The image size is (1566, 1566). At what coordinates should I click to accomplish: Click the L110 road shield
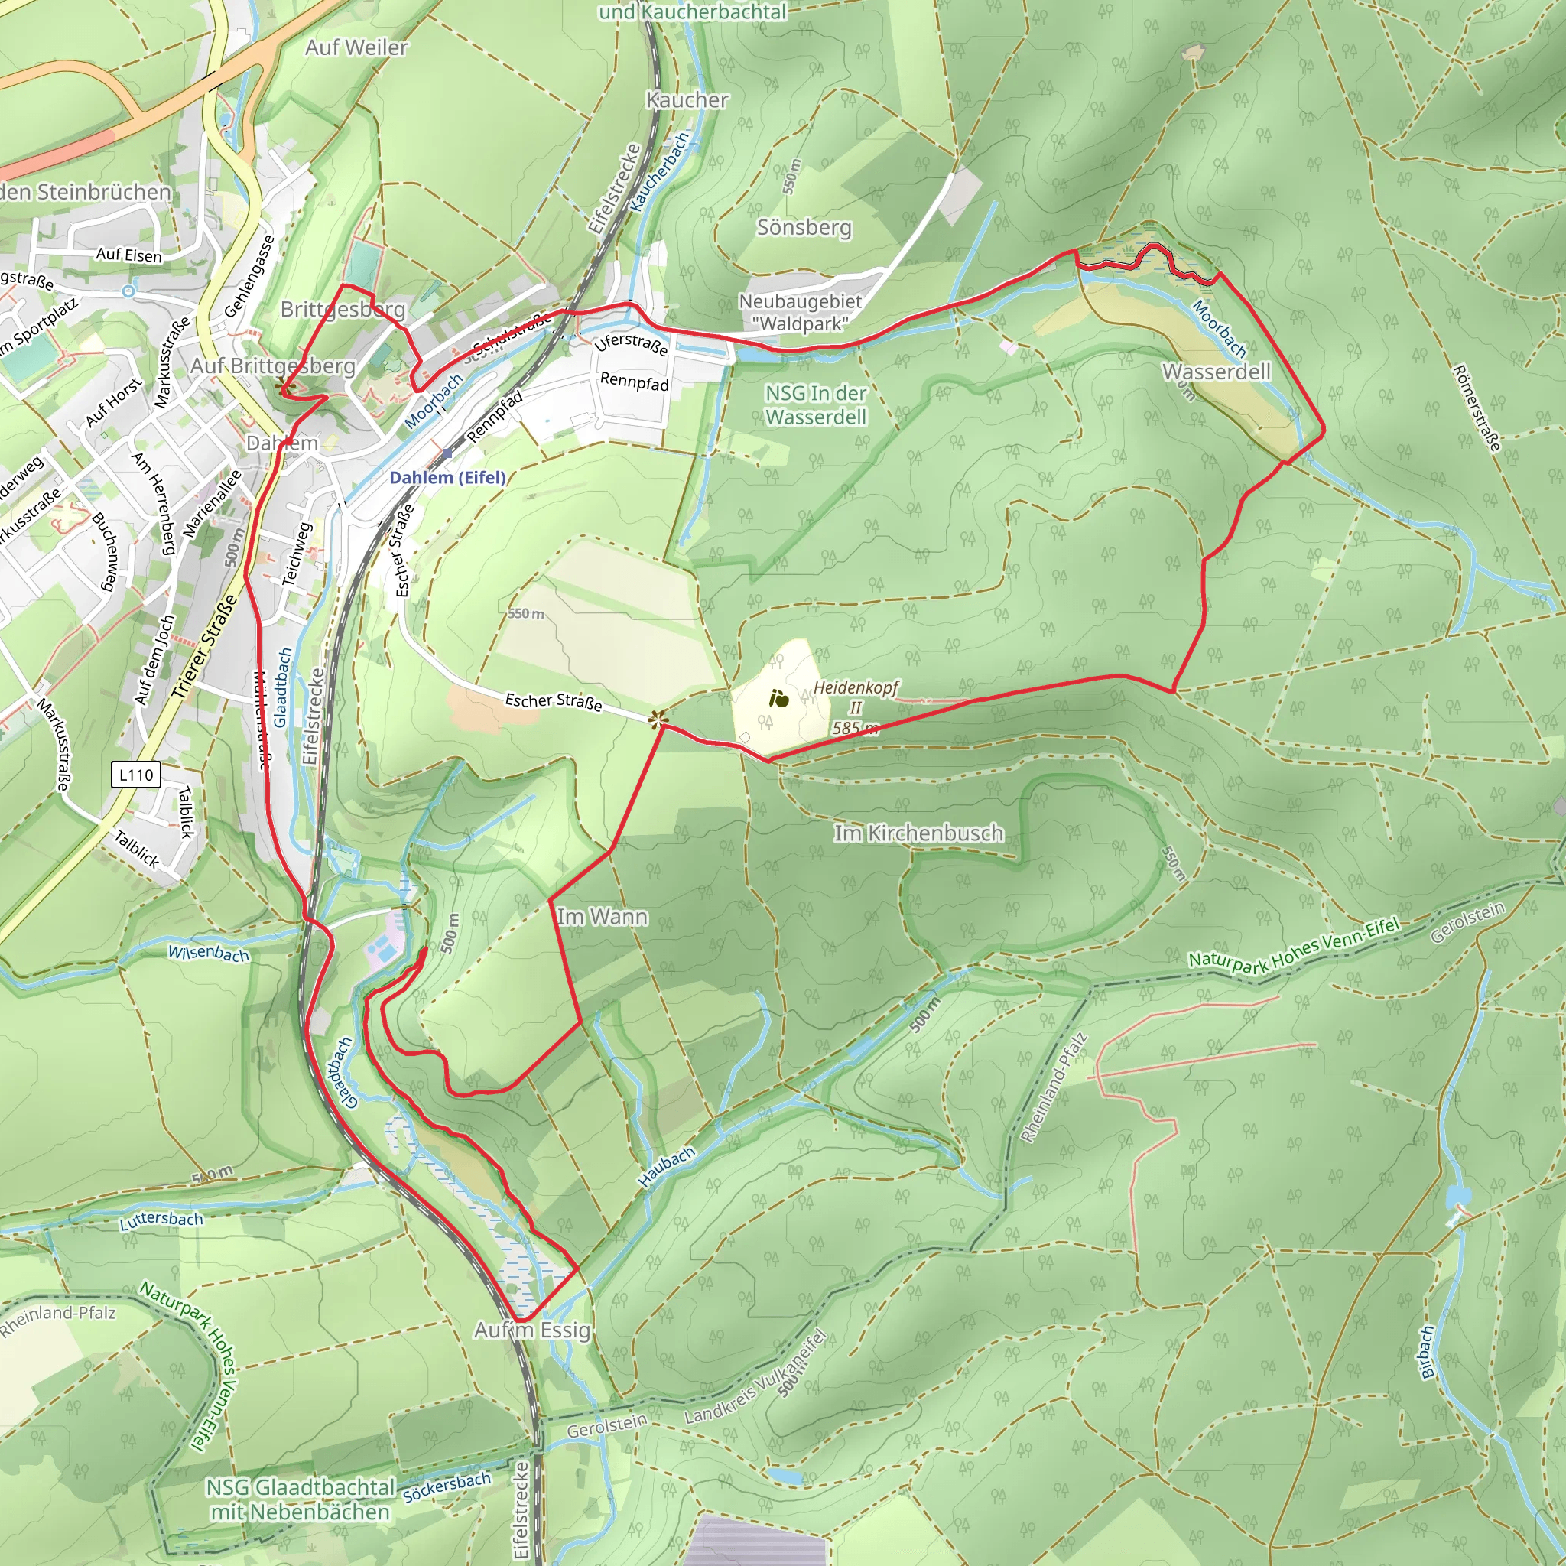click(135, 775)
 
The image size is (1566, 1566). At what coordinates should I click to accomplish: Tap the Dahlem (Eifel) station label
click(447, 477)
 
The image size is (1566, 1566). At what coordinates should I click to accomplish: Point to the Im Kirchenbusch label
click(918, 833)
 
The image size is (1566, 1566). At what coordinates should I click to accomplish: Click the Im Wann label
click(603, 917)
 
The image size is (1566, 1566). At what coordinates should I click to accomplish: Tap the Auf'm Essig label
click(532, 1330)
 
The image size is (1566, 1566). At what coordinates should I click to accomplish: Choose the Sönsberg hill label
click(804, 227)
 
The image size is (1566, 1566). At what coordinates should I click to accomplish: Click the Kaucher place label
click(687, 99)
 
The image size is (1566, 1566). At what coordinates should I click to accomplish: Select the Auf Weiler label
click(356, 48)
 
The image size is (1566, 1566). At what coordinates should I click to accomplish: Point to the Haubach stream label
click(666, 1167)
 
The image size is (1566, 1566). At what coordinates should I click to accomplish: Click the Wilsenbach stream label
click(208, 953)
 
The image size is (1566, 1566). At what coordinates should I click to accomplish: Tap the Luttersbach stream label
click(161, 1219)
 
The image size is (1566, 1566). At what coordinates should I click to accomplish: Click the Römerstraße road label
click(1477, 408)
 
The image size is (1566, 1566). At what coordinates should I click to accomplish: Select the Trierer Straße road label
click(205, 647)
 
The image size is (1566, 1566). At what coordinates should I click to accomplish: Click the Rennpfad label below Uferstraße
click(635, 382)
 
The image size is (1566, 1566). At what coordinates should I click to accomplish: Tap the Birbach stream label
click(1428, 1351)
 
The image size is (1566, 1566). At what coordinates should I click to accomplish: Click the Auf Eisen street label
click(129, 255)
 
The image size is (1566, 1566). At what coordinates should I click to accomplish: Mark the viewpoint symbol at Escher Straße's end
click(658, 716)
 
